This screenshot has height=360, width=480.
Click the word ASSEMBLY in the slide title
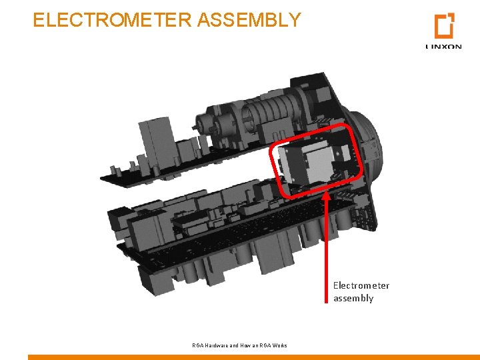pos(249,20)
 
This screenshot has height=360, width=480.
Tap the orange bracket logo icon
pos(443,26)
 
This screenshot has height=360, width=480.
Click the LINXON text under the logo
pos(443,47)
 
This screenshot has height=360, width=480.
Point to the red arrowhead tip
pos(326,194)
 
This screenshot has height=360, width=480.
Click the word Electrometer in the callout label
pos(361,285)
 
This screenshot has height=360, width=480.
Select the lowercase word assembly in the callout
pos(353,298)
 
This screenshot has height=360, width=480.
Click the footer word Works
pos(279,345)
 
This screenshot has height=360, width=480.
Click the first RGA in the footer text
pos(198,345)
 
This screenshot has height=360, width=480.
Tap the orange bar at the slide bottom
pos(253,357)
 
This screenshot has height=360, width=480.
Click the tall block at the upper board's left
pos(148,140)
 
